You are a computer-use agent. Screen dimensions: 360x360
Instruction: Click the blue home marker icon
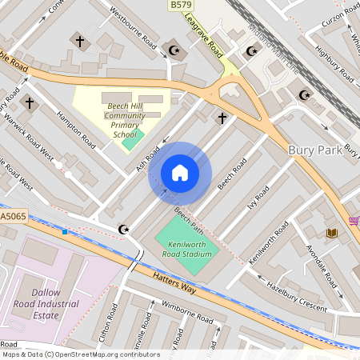tap(180, 173)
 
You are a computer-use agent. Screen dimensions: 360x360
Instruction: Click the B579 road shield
tap(181, 6)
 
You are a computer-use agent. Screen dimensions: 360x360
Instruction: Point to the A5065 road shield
tap(12, 216)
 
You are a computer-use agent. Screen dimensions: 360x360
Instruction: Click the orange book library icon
tap(332, 233)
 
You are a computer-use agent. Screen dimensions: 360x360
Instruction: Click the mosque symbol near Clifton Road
tap(123, 230)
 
